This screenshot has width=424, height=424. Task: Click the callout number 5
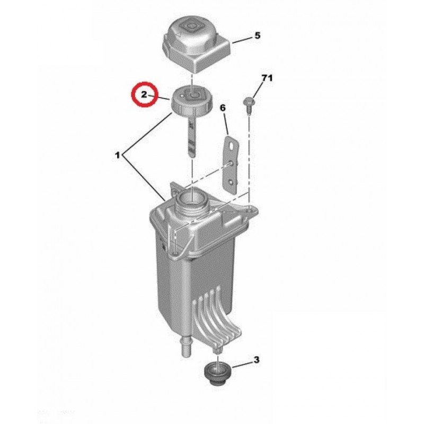coord(257,36)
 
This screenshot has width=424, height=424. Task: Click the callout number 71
coord(267,78)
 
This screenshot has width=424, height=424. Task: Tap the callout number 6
coord(223,108)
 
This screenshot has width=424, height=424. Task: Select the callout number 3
coord(256,360)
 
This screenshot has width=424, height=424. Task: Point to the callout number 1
coord(117,155)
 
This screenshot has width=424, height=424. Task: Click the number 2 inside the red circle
coord(144,94)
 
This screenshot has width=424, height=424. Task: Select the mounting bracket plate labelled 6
coord(231,165)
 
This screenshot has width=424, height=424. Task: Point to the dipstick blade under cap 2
coord(191,138)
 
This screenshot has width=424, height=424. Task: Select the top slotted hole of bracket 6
coord(232,146)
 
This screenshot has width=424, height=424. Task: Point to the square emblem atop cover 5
coord(191,26)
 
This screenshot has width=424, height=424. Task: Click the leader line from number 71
coord(258,91)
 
